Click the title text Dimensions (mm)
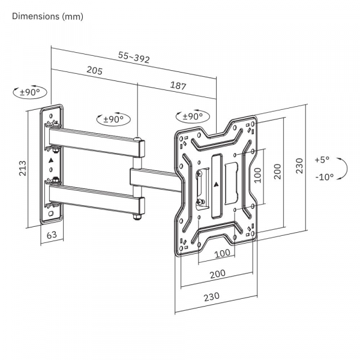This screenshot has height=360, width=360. [x=47, y=17]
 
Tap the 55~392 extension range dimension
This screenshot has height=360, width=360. [x=133, y=58]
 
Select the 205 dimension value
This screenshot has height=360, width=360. [x=94, y=71]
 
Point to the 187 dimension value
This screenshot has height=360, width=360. [x=178, y=86]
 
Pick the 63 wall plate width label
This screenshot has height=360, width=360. [x=52, y=235]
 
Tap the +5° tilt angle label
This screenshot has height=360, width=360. [x=322, y=160]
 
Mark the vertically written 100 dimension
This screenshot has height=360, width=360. [x=257, y=175]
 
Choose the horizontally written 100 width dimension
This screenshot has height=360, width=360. [x=222, y=253]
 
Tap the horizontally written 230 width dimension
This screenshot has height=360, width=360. [x=211, y=296]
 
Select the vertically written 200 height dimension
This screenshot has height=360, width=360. [x=277, y=171]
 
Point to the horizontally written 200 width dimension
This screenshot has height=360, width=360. [x=218, y=274]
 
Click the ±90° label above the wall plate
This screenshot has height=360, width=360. [x=29, y=92]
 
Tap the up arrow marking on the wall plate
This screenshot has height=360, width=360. [x=51, y=161]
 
